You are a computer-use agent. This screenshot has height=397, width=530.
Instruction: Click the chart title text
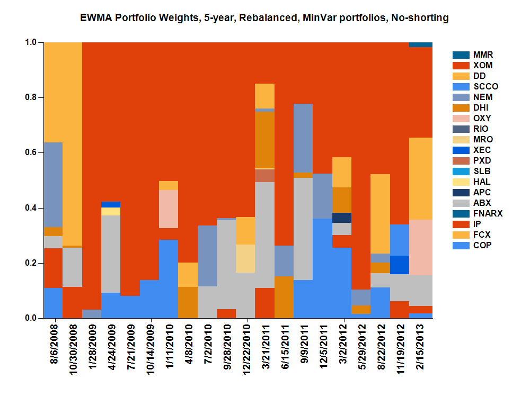(x=264, y=18)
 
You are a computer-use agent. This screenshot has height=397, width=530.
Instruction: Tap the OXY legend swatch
(x=460, y=118)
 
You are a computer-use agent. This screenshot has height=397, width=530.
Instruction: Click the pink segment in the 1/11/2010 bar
(x=169, y=209)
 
